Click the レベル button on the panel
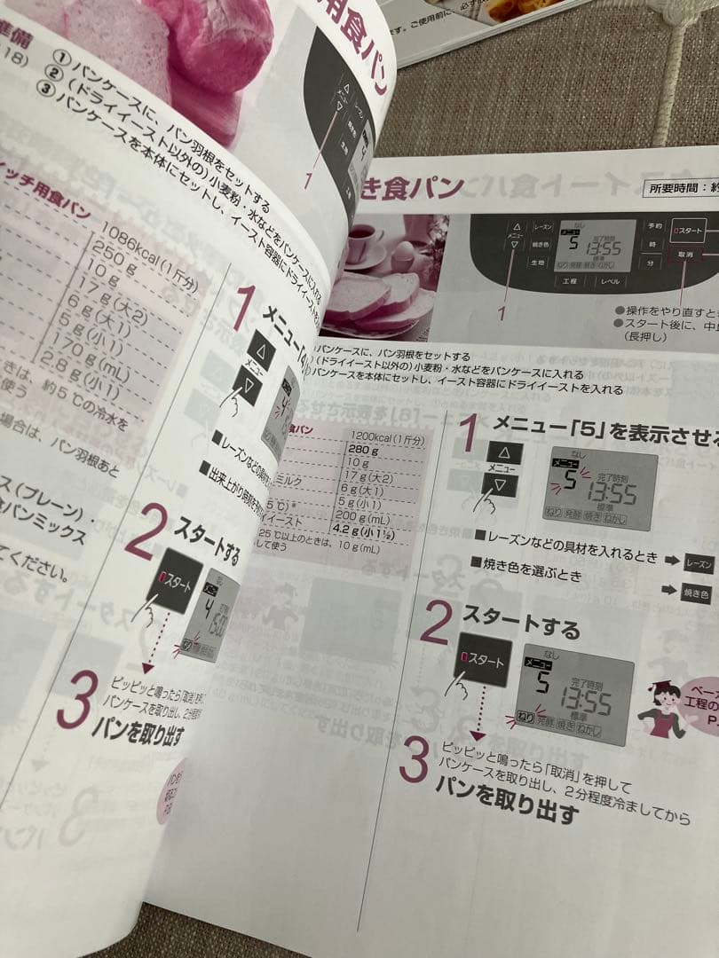(612, 280)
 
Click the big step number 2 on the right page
(435, 624)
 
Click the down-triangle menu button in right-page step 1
(501, 485)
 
